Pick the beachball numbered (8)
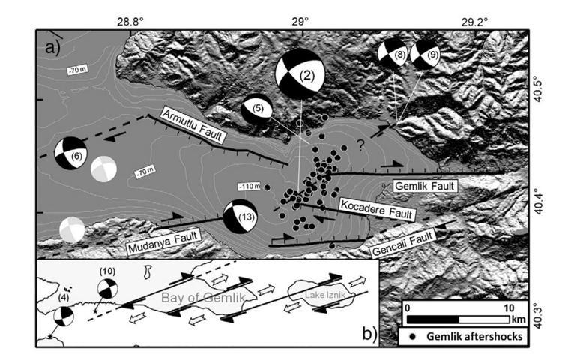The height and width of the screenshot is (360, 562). pyautogui.click(x=393, y=55)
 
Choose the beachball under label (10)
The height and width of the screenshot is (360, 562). pyautogui.click(x=108, y=289)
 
